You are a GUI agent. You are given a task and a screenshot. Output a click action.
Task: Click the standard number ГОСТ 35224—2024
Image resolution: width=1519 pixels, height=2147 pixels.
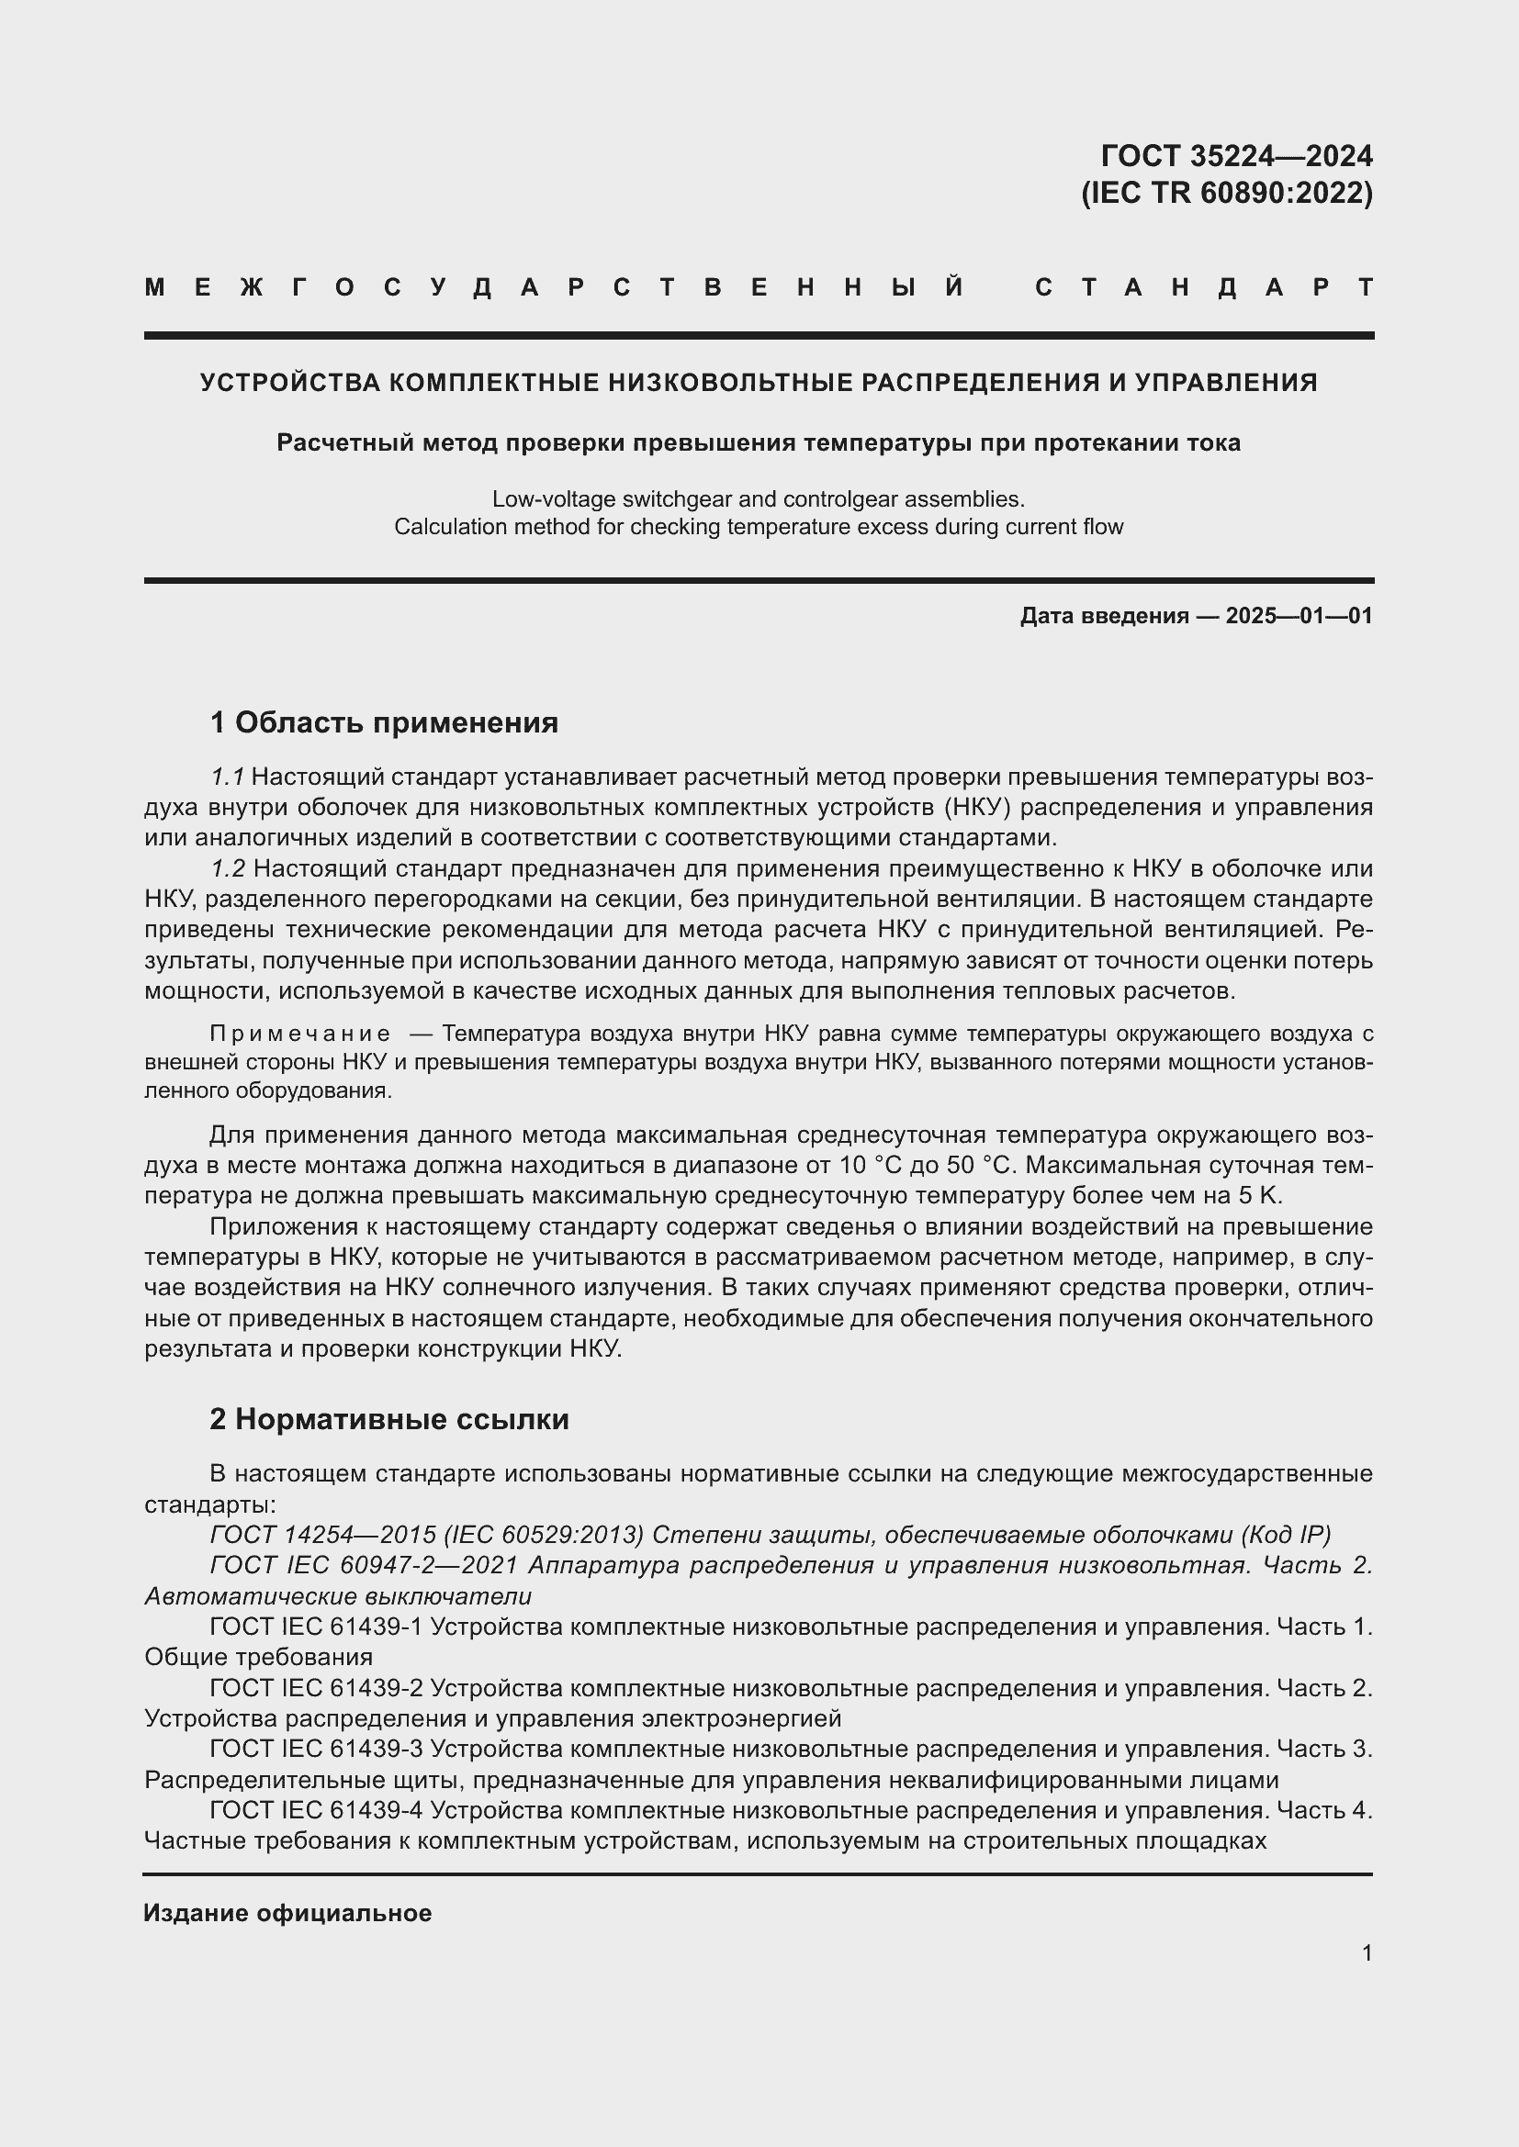(1236, 155)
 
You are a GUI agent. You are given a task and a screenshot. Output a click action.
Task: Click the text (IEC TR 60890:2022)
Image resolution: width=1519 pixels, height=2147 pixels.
(1227, 193)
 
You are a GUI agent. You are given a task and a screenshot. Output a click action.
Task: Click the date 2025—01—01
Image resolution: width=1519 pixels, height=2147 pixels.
(1300, 616)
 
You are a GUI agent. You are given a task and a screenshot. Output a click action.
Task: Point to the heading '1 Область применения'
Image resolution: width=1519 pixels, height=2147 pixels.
(384, 722)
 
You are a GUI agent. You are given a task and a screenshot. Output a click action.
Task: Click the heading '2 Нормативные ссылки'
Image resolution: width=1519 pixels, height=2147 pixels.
(389, 1419)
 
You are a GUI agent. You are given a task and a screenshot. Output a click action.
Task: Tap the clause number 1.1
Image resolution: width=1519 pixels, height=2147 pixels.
(227, 777)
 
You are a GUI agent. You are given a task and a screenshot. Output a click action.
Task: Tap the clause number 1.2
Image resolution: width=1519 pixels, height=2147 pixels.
(227, 868)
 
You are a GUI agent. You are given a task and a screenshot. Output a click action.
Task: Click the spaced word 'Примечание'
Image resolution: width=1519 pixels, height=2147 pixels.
(299, 1034)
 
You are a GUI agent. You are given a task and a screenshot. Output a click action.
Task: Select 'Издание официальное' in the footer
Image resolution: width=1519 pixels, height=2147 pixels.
(287, 1913)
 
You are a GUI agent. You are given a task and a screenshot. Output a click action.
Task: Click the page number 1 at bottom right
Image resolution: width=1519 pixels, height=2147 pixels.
(1367, 1953)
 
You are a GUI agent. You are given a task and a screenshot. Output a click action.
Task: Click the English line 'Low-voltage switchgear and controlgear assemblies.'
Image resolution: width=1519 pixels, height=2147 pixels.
(759, 499)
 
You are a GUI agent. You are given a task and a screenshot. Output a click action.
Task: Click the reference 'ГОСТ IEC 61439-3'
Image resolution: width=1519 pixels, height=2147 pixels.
(316, 1749)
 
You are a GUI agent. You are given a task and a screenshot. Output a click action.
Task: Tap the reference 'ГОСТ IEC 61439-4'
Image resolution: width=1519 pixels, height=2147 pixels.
(316, 1810)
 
